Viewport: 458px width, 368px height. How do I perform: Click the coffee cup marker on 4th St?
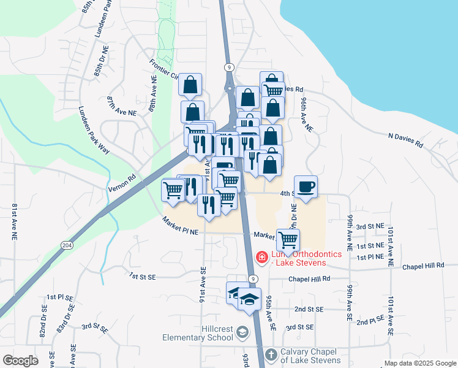click(306, 186)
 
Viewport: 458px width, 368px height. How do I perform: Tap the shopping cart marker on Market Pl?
click(288, 239)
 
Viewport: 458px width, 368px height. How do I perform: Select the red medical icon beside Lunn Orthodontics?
click(261, 256)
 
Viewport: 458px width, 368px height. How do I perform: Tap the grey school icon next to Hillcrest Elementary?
click(242, 332)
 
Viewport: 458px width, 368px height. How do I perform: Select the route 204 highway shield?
click(66, 245)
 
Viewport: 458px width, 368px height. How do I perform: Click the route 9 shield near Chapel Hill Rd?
click(252, 278)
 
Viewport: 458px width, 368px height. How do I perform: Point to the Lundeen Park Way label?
click(93, 132)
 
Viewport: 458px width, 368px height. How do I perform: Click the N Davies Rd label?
click(405, 140)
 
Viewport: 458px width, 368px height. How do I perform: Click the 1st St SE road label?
click(143, 277)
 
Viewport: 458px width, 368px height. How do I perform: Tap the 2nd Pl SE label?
click(370, 321)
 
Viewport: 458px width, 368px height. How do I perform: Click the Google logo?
click(20, 361)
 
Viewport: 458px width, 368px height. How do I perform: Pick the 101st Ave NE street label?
click(389, 245)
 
